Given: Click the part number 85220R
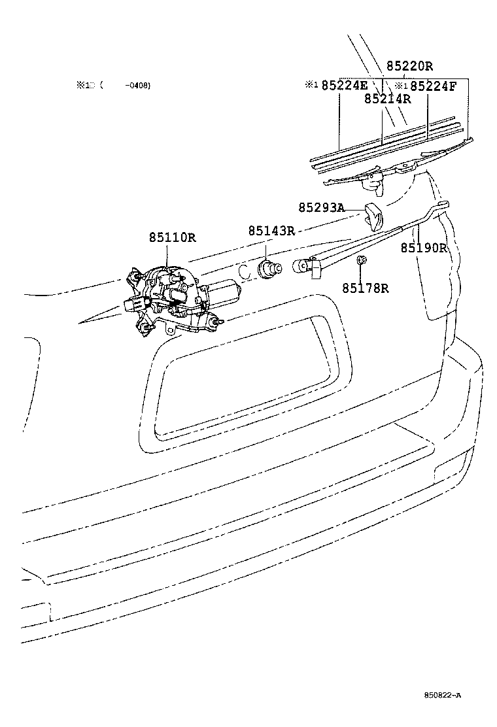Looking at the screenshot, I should coord(409,66).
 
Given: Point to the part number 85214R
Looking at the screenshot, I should coord(387,99).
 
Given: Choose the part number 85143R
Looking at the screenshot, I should coord(271,231).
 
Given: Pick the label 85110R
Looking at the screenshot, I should coord(172,237).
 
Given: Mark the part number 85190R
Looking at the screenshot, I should coord(423,248).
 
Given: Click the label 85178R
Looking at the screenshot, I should coord(365,288).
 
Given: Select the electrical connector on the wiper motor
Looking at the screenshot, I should coord(133,303).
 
